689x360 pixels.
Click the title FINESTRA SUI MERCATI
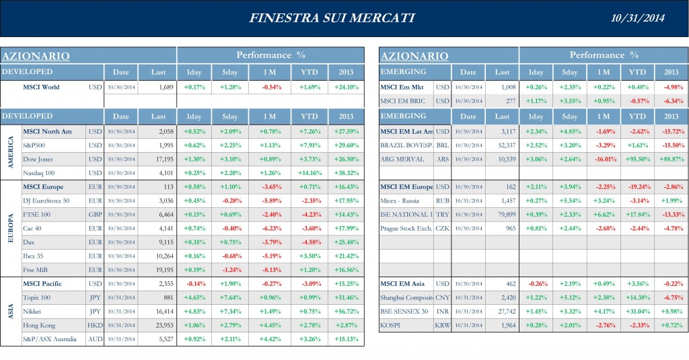[x=331, y=17]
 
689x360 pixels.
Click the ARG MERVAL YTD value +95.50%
[x=636, y=159]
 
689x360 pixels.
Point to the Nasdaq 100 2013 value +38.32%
[x=346, y=173]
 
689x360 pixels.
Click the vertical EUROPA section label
[x=10, y=227]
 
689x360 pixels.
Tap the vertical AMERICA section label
[x=10, y=151]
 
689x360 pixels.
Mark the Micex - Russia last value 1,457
[x=503, y=201]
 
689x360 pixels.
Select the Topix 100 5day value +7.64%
[x=229, y=298]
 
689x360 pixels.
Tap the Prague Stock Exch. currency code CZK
[x=442, y=228]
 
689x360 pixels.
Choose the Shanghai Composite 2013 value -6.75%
[x=671, y=298]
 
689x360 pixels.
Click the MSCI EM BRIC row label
[x=402, y=101]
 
